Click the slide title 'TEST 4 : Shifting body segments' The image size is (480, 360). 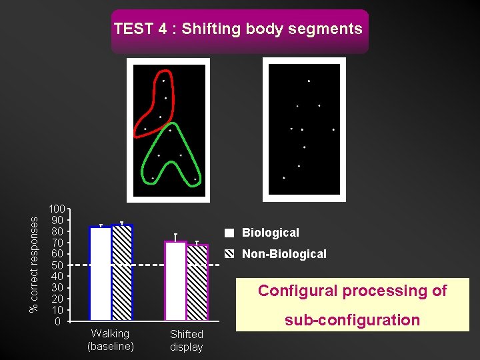[x=238, y=29]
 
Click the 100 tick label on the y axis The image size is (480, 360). [x=57, y=209]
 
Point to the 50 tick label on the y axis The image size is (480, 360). [x=57, y=265]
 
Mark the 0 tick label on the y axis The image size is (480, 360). [x=58, y=321]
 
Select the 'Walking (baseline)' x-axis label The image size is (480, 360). [x=111, y=340]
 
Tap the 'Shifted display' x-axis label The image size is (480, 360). [x=186, y=341]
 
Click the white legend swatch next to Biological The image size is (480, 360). [x=229, y=233]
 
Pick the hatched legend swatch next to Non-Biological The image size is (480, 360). [x=229, y=254]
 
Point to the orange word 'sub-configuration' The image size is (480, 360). [x=352, y=320]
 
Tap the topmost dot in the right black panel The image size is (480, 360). [x=309, y=81]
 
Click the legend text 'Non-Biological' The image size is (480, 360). [x=284, y=254]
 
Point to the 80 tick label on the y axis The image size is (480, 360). [x=57, y=231]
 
